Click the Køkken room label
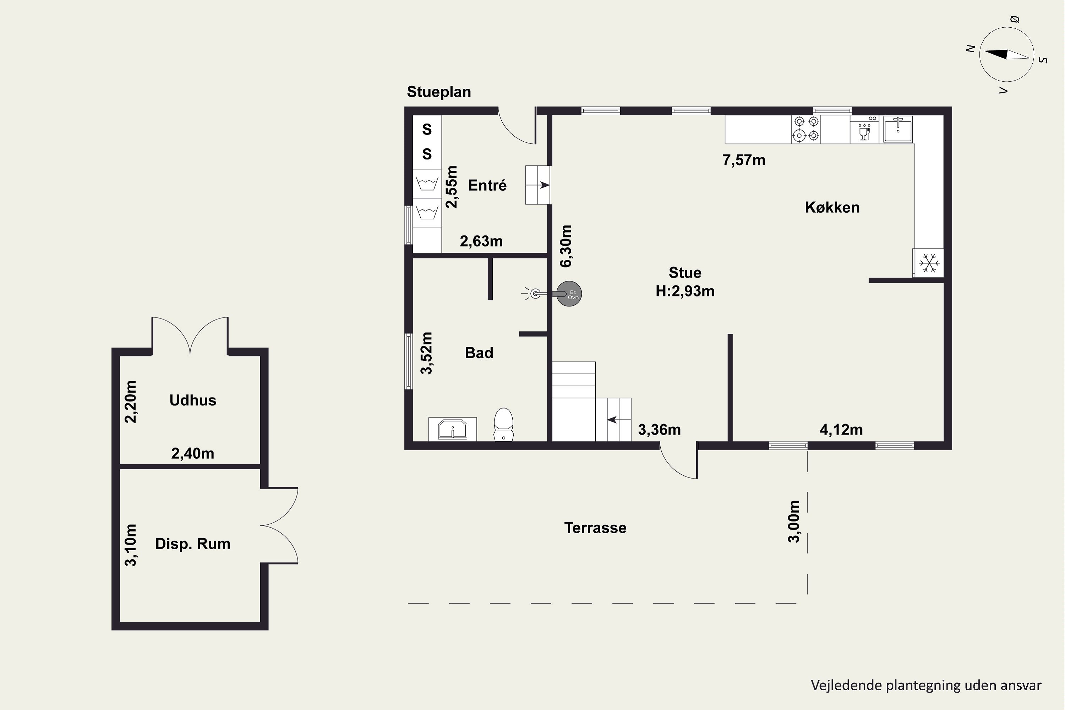[832, 207]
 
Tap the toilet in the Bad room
[503, 424]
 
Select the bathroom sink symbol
[452, 429]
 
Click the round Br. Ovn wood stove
[569, 294]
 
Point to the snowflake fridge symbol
[929, 263]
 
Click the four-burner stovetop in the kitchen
[806, 129]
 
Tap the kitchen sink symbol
[897, 130]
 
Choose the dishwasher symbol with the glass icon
[864, 130]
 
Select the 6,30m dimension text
[566, 246]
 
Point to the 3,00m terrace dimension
[794, 521]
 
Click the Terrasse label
[595, 528]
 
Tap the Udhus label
[193, 400]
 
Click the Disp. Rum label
[193, 544]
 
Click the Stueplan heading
[439, 92]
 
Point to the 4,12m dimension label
[841, 430]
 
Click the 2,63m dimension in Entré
[481, 241]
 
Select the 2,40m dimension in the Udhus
[192, 453]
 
